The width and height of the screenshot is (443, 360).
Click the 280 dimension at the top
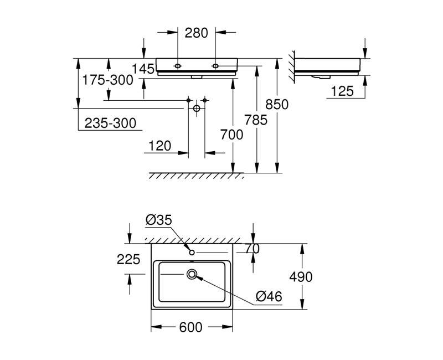pos(196,33)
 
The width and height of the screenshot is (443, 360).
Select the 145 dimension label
pos(143,69)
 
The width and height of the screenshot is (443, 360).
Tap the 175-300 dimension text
pos(107,80)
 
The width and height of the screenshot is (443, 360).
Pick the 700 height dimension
pos(233,134)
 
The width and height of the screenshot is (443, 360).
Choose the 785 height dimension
pos(256,119)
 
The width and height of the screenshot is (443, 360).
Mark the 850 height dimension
pos(277,104)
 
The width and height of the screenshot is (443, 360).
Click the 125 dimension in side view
pos(342,91)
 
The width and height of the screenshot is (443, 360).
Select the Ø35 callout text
pos(159,220)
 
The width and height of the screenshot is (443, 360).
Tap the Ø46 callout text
pos(269,297)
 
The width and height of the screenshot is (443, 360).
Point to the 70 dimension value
pos(253,249)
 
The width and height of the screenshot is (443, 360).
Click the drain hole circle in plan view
pos(192,274)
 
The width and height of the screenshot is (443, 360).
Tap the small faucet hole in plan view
pos(192,253)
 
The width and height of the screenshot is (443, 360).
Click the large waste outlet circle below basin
pos(196,109)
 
